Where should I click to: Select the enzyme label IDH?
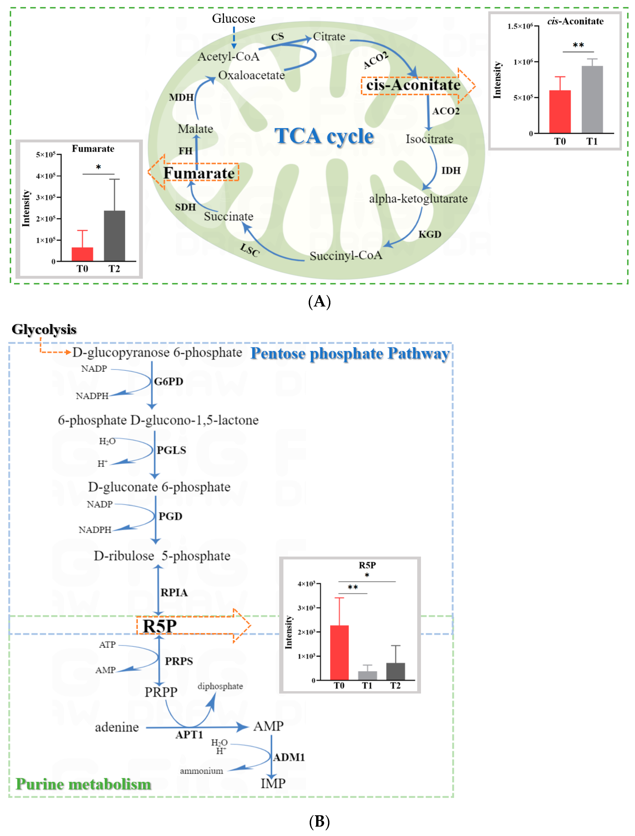click(x=451, y=170)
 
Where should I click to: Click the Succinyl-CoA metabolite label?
click(x=346, y=256)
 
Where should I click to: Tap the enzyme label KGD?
click(x=430, y=234)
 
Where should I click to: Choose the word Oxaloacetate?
click(x=251, y=75)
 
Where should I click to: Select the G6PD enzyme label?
click(x=168, y=381)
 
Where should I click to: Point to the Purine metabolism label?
click(x=83, y=784)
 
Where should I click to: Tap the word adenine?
click(x=117, y=727)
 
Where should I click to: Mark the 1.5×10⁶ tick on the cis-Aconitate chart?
click(x=520, y=26)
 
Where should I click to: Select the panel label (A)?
click(x=319, y=302)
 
